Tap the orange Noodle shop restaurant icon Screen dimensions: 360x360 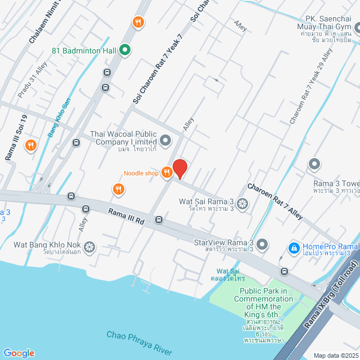166,173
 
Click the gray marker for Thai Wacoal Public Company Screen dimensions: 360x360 165,140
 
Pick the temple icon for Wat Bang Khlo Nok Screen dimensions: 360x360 89,246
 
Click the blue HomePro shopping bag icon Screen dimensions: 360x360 293,247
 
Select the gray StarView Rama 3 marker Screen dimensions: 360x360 263,244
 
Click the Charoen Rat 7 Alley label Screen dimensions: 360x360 275,201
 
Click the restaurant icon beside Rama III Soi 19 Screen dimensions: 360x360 31,146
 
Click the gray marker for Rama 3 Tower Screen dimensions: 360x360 314,164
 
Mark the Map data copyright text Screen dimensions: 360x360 335,355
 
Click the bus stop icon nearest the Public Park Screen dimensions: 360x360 285,272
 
